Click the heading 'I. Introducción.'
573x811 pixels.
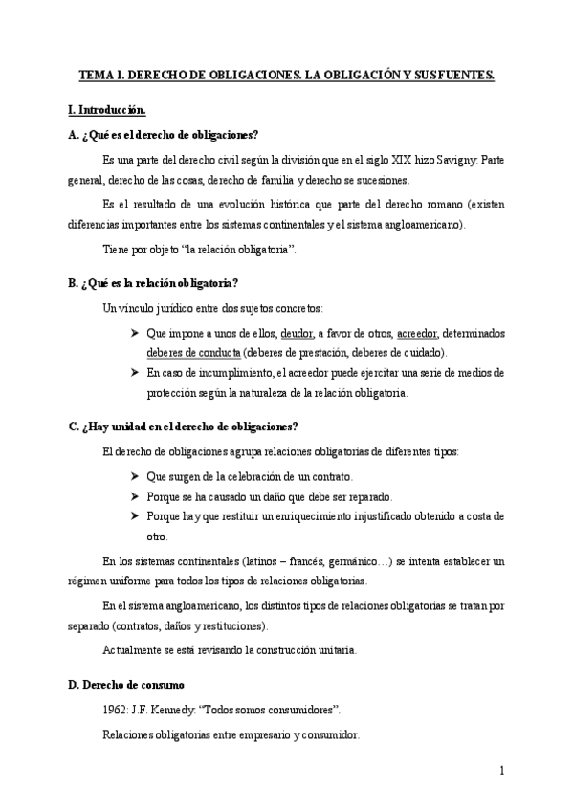[x=107, y=112]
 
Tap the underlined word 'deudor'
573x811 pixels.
[x=298, y=333]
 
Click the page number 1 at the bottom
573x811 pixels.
[x=502, y=770]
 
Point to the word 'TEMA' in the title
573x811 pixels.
[x=94, y=74]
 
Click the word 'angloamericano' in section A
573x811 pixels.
[x=417, y=224]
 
